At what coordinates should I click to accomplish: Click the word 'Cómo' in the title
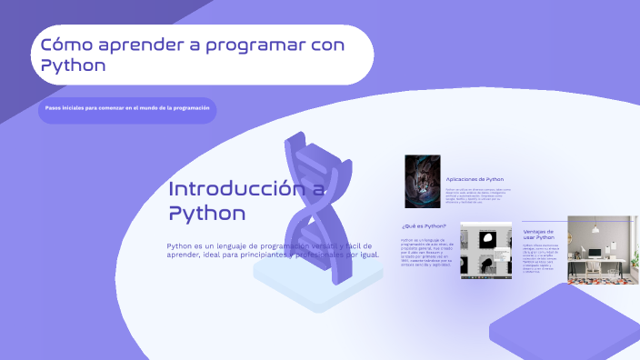(x=62, y=45)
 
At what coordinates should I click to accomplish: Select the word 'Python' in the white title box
(x=74, y=66)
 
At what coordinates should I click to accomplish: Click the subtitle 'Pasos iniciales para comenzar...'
(x=127, y=108)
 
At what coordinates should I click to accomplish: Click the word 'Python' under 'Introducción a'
(x=206, y=214)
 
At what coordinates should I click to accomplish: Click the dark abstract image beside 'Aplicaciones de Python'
(x=423, y=182)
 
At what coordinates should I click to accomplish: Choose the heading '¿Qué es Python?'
(x=424, y=225)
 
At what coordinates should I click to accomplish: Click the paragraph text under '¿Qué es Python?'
(x=426, y=254)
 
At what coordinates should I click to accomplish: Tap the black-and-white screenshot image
(x=485, y=253)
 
